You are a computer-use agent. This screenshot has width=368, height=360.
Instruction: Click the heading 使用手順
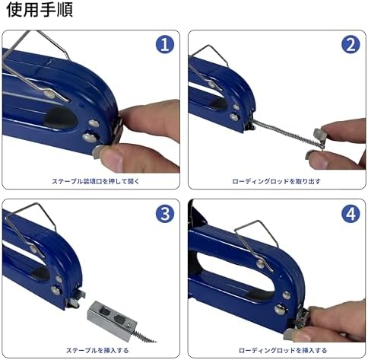click(40, 10)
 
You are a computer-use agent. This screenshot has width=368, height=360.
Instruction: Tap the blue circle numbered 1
click(165, 44)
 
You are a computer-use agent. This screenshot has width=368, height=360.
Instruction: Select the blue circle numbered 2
click(351, 44)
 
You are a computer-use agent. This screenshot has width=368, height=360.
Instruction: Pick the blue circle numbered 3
click(165, 214)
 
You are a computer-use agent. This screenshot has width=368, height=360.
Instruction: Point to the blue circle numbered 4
click(351, 214)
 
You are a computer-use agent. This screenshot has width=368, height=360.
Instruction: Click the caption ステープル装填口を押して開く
click(96, 181)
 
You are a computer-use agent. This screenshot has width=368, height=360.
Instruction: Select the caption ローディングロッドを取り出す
click(277, 181)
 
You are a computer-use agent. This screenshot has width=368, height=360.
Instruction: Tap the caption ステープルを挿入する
click(97, 350)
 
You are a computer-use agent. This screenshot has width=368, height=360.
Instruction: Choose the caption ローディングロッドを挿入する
click(283, 350)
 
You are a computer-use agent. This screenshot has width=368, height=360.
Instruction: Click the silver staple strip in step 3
click(112, 319)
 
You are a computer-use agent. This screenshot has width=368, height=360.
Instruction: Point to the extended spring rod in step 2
click(287, 134)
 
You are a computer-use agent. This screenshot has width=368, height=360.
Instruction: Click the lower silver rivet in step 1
click(90, 137)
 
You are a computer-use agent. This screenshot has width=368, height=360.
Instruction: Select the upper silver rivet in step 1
click(94, 124)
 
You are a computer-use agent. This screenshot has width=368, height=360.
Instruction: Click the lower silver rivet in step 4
click(281, 309)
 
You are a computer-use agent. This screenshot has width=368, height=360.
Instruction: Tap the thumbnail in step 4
click(290, 335)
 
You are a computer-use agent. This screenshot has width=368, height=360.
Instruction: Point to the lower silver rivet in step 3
click(56, 290)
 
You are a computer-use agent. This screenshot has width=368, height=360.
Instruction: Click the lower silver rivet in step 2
click(234, 116)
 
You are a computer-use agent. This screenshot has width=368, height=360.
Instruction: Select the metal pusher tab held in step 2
click(319, 135)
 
